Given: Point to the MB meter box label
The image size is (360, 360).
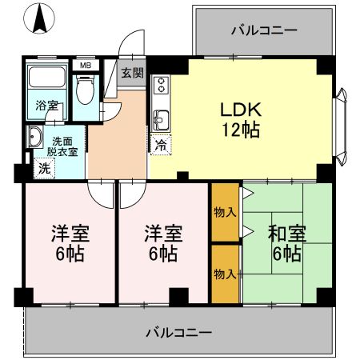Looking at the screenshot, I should click(83, 65).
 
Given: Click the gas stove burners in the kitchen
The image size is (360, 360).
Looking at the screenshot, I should click(159, 85).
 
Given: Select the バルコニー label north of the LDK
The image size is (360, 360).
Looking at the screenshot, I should click(264, 31).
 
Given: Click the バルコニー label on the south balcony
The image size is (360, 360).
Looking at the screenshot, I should click(179, 331).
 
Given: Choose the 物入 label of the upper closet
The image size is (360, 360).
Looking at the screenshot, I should click(225, 212).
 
